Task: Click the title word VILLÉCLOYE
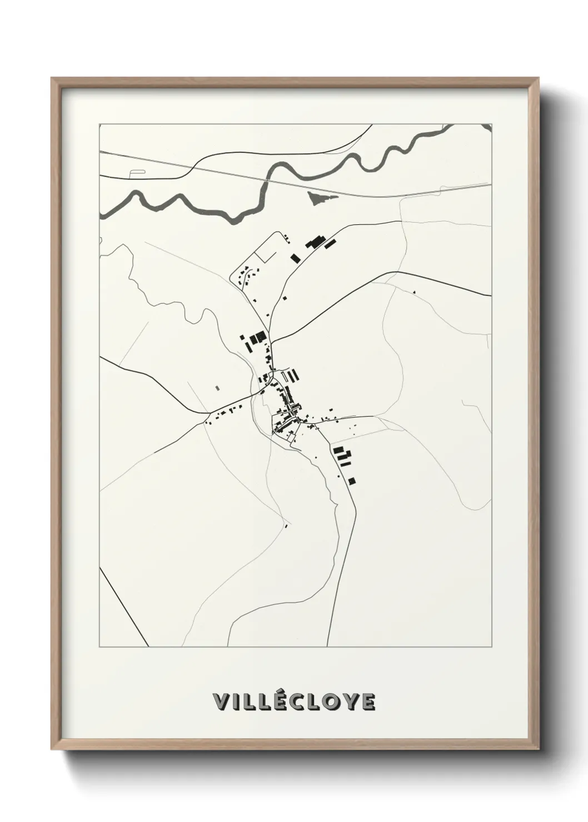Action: tap(293, 701)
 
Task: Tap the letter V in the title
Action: tap(220, 702)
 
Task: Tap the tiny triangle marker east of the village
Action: tap(413, 290)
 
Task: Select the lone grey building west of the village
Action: tap(217, 388)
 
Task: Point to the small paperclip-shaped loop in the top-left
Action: tap(135, 173)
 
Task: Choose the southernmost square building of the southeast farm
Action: tap(351, 480)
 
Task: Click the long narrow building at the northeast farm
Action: tap(330, 244)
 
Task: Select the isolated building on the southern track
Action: tap(286, 525)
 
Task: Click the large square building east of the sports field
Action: tap(295, 257)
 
